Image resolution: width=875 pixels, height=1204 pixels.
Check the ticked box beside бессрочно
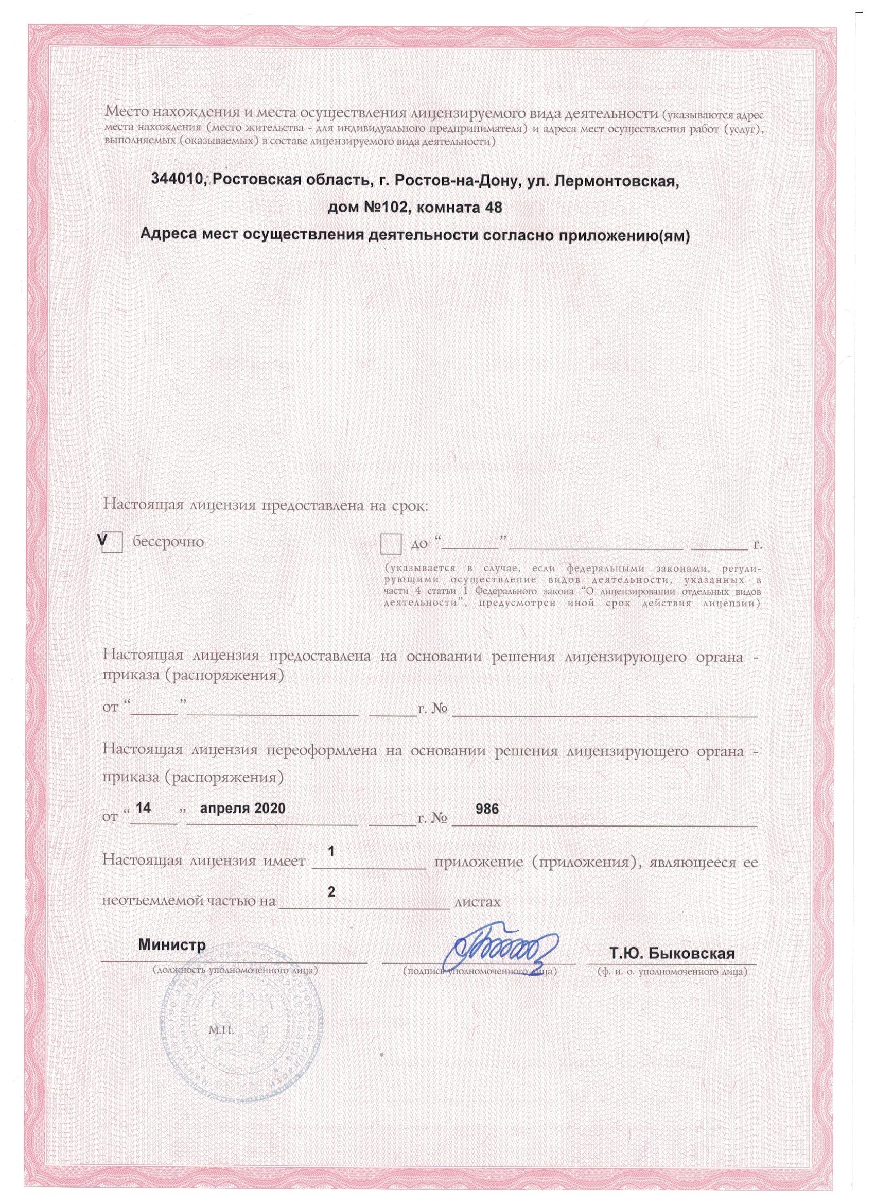(113, 543)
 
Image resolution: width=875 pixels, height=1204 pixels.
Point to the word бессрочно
(168, 542)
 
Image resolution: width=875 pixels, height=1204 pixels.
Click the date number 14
(144, 823)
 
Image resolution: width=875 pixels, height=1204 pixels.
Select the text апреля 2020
(242, 823)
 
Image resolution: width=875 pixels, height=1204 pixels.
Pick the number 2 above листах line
(331, 907)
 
